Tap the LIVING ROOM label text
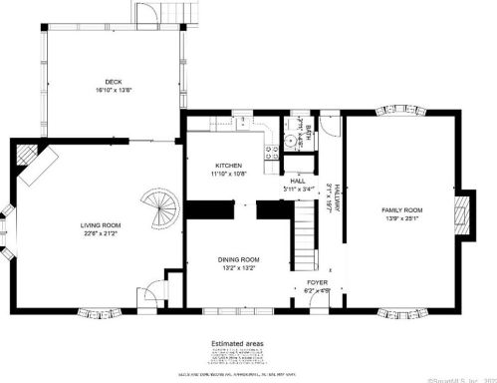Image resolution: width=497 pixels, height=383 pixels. [x=101, y=225]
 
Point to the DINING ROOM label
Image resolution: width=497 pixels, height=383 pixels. [x=238, y=259]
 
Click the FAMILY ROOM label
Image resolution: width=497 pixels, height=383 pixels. [x=402, y=210]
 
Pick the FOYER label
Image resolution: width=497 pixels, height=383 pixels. [x=317, y=282]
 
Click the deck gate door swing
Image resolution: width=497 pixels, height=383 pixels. [x=146, y=14]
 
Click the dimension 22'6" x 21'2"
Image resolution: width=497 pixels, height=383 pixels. [x=101, y=235]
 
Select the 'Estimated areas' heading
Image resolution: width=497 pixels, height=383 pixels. [x=237, y=343]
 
